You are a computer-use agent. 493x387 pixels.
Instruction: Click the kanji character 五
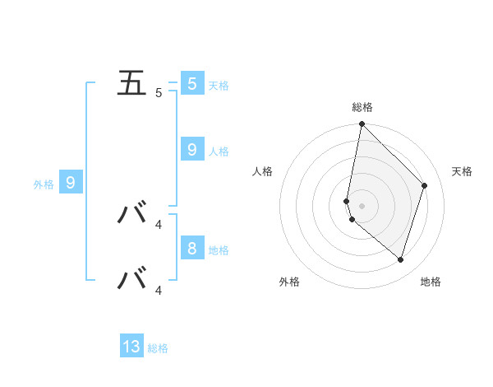tap(132, 83)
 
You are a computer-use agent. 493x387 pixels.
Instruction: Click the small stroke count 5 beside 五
tap(159, 93)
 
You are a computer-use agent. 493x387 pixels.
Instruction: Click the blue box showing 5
tap(191, 83)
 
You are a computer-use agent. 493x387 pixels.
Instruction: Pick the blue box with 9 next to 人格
tap(191, 149)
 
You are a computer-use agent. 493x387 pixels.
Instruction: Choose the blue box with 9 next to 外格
tap(71, 182)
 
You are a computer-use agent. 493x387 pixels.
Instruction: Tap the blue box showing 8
tap(191, 248)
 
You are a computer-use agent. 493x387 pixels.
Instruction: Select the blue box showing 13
tap(131, 347)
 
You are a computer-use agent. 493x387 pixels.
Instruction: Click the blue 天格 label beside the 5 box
tap(219, 86)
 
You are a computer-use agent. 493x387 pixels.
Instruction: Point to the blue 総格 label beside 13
tap(158, 349)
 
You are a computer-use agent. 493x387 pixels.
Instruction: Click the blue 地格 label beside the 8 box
tap(219, 250)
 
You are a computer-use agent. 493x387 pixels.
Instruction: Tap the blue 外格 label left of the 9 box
tap(44, 184)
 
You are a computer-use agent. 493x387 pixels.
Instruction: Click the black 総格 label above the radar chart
tap(362, 107)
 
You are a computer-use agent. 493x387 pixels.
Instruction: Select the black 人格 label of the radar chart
tap(263, 171)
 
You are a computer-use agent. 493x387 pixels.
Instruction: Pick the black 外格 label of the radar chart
tap(289, 282)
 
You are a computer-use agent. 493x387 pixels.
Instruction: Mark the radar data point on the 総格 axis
tap(362, 124)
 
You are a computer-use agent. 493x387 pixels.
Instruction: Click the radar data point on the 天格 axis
tap(425, 185)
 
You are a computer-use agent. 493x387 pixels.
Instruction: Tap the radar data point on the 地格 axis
tap(400, 259)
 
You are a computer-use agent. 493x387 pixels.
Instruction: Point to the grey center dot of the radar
tap(362, 206)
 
